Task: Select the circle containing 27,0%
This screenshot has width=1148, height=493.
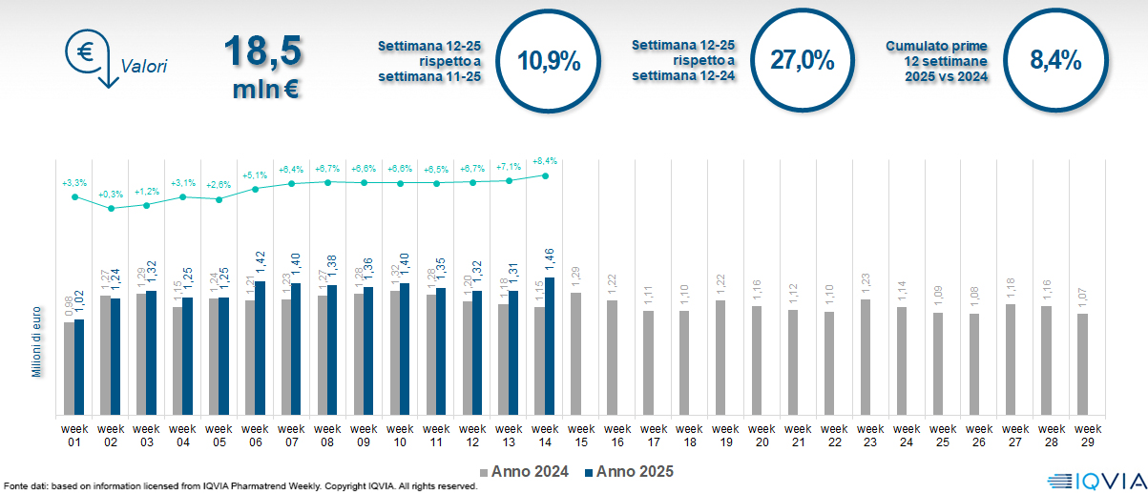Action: (x=802, y=61)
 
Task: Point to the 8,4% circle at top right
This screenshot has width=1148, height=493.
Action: (x=1055, y=61)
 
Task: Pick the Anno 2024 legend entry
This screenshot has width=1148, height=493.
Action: (x=525, y=472)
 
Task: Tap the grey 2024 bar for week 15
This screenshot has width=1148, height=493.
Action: (x=575, y=354)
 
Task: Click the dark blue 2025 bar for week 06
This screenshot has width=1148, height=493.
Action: (x=261, y=348)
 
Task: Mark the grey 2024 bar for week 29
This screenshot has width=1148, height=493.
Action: (x=1082, y=364)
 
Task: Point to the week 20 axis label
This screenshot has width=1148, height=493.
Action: (x=762, y=435)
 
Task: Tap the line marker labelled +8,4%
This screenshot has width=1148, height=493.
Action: (x=545, y=175)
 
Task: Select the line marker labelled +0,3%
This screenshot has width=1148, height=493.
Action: (x=111, y=208)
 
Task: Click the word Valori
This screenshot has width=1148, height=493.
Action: (x=144, y=67)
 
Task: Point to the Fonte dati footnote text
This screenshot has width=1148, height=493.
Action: (x=239, y=486)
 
